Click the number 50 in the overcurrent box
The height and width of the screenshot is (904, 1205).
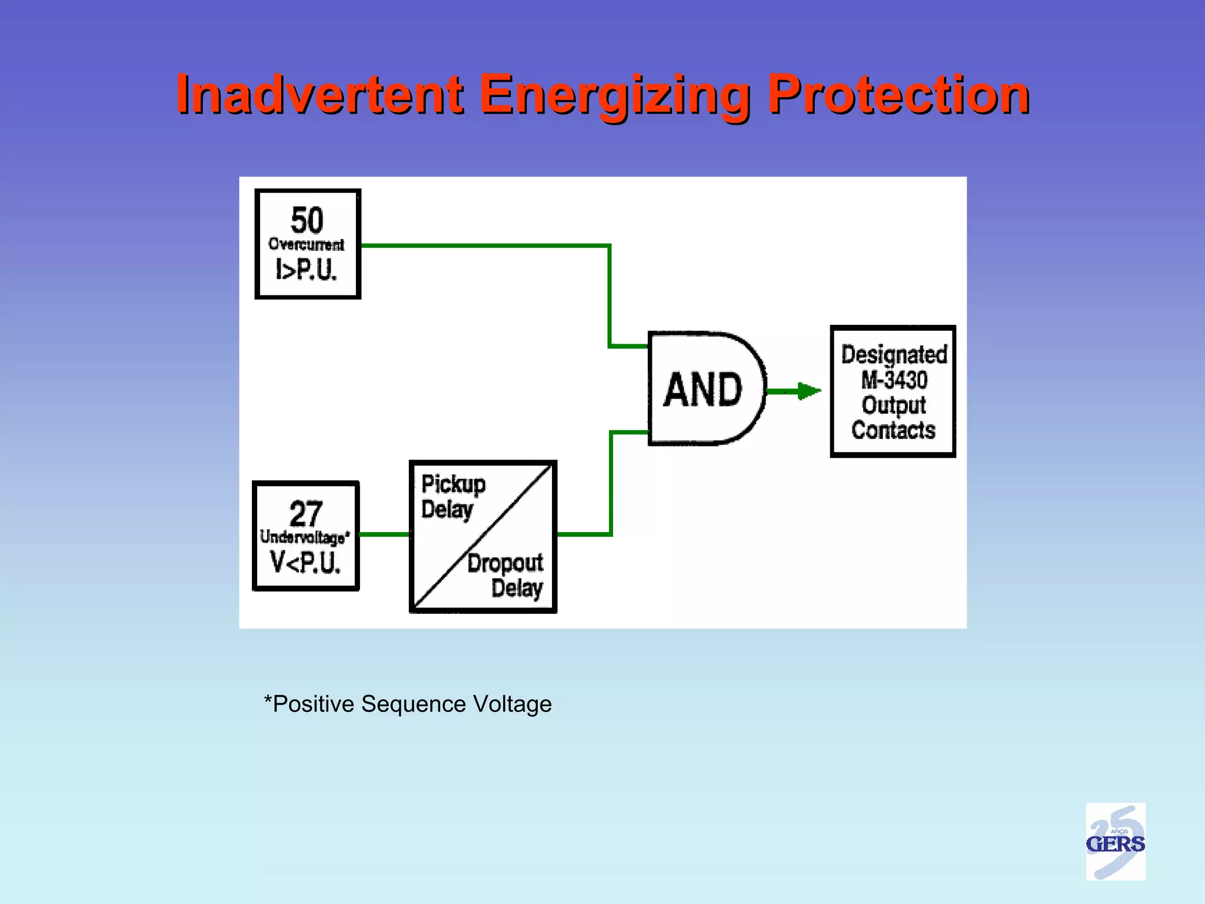[307, 220]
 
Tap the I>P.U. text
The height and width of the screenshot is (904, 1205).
[307, 270]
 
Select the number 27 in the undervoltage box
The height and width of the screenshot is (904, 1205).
[305, 513]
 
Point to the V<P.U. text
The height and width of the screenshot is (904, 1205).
[305, 562]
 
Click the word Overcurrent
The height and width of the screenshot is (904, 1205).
[307, 244]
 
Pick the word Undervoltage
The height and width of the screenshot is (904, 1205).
[304, 537]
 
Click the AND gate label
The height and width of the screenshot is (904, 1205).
[703, 390]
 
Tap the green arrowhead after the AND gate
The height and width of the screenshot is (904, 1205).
[809, 391]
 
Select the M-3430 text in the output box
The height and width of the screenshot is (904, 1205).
[894, 380]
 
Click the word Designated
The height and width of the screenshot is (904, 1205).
[894, 354]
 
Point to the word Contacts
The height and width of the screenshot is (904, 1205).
[893, 430]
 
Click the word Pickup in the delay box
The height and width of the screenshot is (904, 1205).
[453, 484]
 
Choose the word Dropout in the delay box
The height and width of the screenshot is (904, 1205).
[505, 563]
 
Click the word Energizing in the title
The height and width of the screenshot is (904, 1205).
[614, 95]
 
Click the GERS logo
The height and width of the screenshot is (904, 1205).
[1115, 842]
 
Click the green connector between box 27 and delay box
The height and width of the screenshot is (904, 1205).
[384, 534]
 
